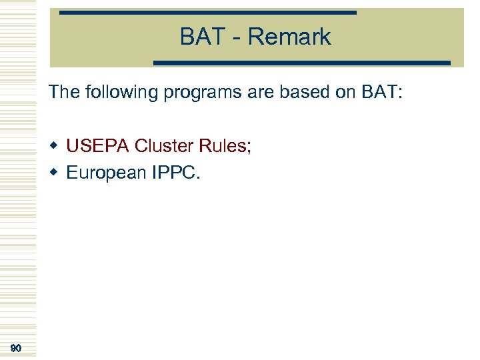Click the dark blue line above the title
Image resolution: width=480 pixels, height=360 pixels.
pyautogui.click(x=207, y=13)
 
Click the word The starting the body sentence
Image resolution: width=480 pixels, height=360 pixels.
pyautogui.click(x=64, y=92)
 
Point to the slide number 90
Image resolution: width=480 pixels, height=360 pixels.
pyautogui.click(x=17, y=348)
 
